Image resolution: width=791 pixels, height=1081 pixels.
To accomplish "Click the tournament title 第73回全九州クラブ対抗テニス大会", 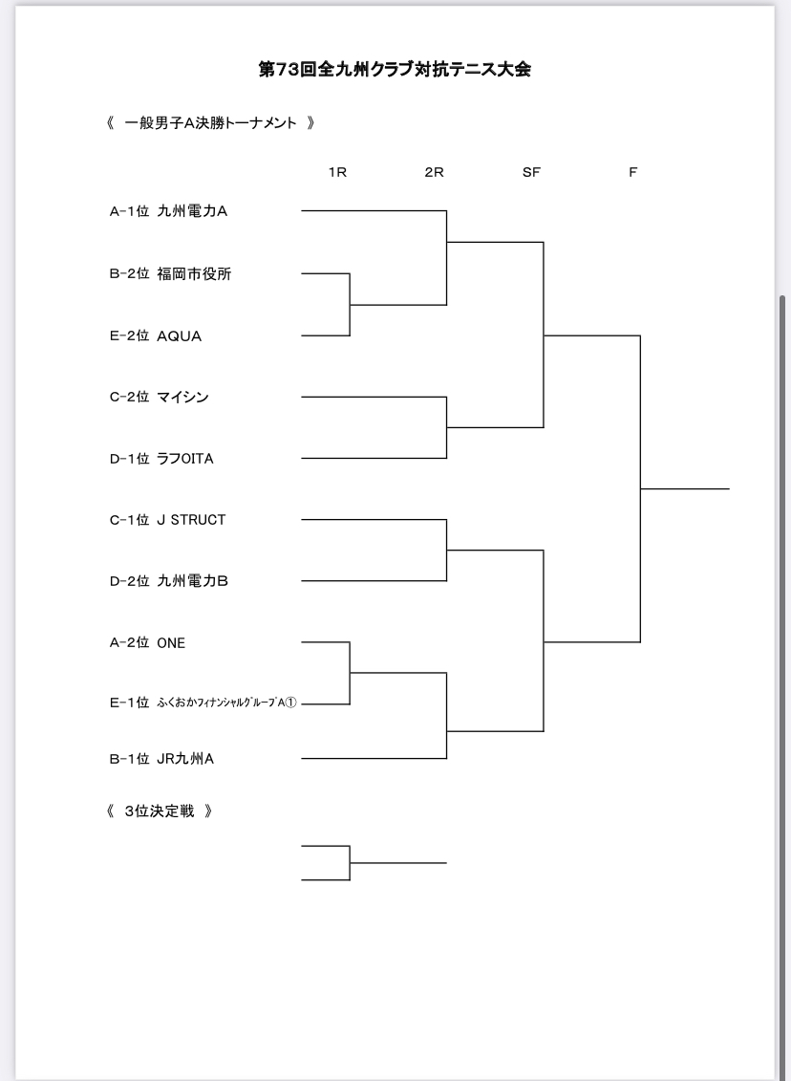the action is coord(395,70).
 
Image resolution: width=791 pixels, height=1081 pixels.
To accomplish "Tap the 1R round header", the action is coord(337,172).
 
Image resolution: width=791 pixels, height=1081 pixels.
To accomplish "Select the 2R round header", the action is coord(434,172).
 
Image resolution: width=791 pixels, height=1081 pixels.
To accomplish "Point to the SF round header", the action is coord(531,172).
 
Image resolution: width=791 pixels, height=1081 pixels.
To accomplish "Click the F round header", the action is coord(633,172).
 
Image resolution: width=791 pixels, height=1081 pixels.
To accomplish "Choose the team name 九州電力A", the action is coord(192,211).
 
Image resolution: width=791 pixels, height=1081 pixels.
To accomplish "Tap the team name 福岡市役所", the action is coord(194,273).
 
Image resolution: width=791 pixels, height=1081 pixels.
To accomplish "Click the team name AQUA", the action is coord(180,336).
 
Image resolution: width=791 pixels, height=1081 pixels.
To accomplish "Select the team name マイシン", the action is coord(182,397).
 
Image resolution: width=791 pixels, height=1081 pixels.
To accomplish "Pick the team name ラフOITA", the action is coord(185,459).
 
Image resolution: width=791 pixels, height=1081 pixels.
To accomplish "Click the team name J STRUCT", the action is coord(192,520).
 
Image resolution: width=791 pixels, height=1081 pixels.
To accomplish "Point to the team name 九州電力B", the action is coord(192,581).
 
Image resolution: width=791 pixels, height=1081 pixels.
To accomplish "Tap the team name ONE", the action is coord(171,643).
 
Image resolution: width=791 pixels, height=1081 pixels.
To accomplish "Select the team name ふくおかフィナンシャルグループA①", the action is coord(226,703).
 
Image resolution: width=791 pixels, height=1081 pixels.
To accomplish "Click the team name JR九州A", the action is coord(185,759).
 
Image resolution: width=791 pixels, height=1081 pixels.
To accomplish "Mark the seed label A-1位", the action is coord(130,211).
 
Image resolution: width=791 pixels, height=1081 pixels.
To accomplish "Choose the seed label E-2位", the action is coord(130,336).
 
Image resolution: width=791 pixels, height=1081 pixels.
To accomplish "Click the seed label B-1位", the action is coord(130,759).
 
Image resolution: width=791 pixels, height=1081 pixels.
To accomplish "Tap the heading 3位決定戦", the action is coord(160,811).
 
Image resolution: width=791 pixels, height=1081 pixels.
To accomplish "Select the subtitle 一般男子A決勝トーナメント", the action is coord(210,123).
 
